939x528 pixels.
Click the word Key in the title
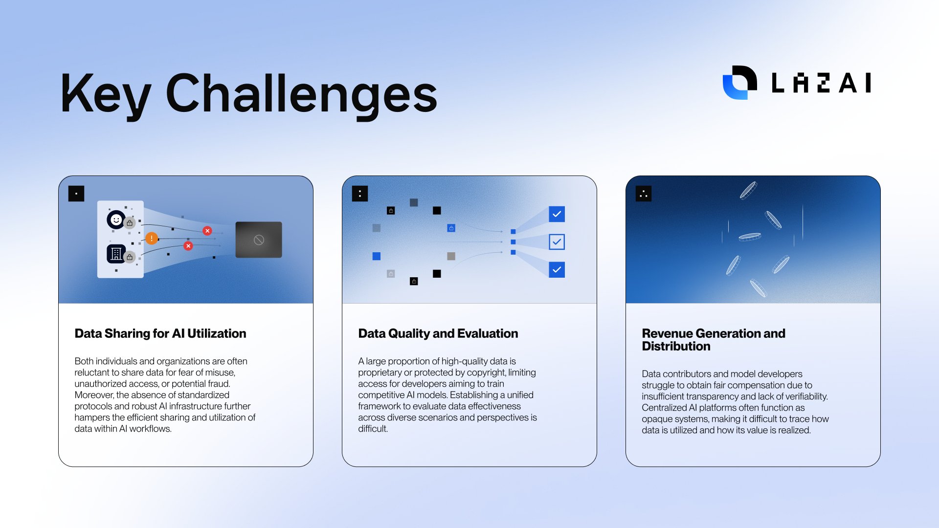105,94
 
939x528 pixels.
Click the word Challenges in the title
301,94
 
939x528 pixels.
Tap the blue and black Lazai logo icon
739,82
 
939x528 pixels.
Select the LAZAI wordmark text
821,83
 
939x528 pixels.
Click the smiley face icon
116,220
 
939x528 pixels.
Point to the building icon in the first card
116,254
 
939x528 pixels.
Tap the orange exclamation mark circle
152,239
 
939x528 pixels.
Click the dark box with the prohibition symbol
259,240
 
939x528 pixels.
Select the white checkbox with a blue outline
557,242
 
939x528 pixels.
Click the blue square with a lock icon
451,228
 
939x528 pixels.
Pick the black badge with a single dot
76,194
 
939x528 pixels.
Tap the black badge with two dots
360,194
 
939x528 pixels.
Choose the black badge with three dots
644,194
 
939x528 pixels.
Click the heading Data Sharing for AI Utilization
160,333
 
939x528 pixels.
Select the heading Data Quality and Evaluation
438,333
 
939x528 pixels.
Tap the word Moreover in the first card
94,395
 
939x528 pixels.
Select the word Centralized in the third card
664,408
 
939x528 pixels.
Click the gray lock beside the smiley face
130,223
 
